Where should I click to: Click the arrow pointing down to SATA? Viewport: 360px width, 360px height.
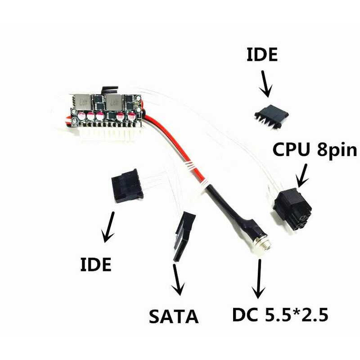(x=179, y=281)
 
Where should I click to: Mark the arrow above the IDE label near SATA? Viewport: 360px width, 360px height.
(x=108, y=228)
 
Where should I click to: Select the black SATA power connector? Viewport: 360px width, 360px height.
(x=184, y=236)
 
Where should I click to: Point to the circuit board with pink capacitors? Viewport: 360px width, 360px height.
(x=106, y=108)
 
